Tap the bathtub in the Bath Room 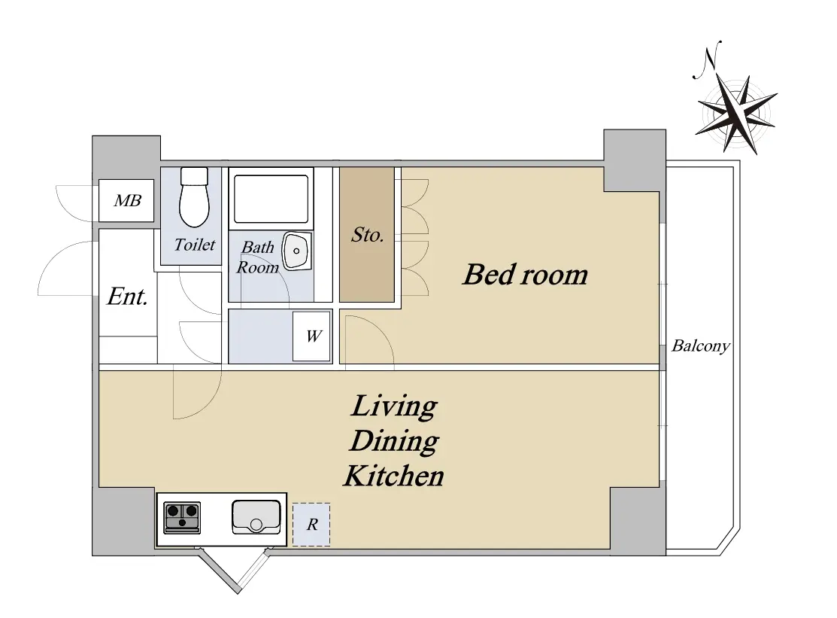pyautogui.click(x=271, y=199)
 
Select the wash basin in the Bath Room pyautogui.click(x=296, y=251)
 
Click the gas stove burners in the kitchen pyautogui.click(x=182, y=517)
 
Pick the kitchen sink pyautogui.click(x=256, y=516)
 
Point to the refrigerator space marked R pyautogui.click(x=311, y=524)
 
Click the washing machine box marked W pyautogui.click(x=312, y=336)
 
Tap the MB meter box pyautogui.click(x=126, y=200)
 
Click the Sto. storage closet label pyautogui.click(x=367, y=235)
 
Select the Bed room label pyautogui.click(x=525, y=275)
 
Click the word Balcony pyautogui.click(x=700, y=346)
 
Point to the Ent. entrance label pyautogui.click(x=127, y=297)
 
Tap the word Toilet pyautogui.click(x=194, y=245)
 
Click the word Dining pyautogui.click(x=394, y=441)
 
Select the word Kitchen pyautogui.click(x=393, y=476)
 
